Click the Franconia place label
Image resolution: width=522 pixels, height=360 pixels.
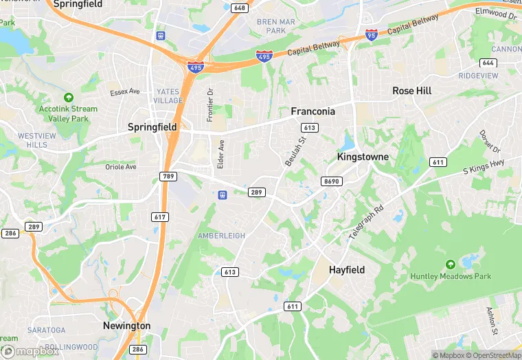click(313, 111)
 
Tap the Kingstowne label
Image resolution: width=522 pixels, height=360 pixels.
click(363, 157)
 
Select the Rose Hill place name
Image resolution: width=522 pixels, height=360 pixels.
click(412, 91)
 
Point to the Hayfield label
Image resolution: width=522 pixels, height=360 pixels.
click(347, 270)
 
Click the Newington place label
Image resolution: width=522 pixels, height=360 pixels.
click(126, 326)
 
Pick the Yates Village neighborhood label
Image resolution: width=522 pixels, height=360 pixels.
click(168, 95)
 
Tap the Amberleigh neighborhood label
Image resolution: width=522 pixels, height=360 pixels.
click(221, 236)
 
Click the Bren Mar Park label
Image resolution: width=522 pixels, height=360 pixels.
click(275, 26)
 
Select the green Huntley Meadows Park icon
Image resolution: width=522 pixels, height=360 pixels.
click(451, 265)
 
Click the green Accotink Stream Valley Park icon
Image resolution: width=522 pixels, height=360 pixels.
click(68, 98)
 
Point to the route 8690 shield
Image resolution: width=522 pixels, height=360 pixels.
click(330, 181)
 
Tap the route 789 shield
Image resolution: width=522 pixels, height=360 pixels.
click(168, 177)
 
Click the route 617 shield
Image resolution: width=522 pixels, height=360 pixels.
click(159, 216)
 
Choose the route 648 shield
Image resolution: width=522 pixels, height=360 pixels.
click(239, 8)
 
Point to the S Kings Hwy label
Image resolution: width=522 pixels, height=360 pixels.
click(484, 166)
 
